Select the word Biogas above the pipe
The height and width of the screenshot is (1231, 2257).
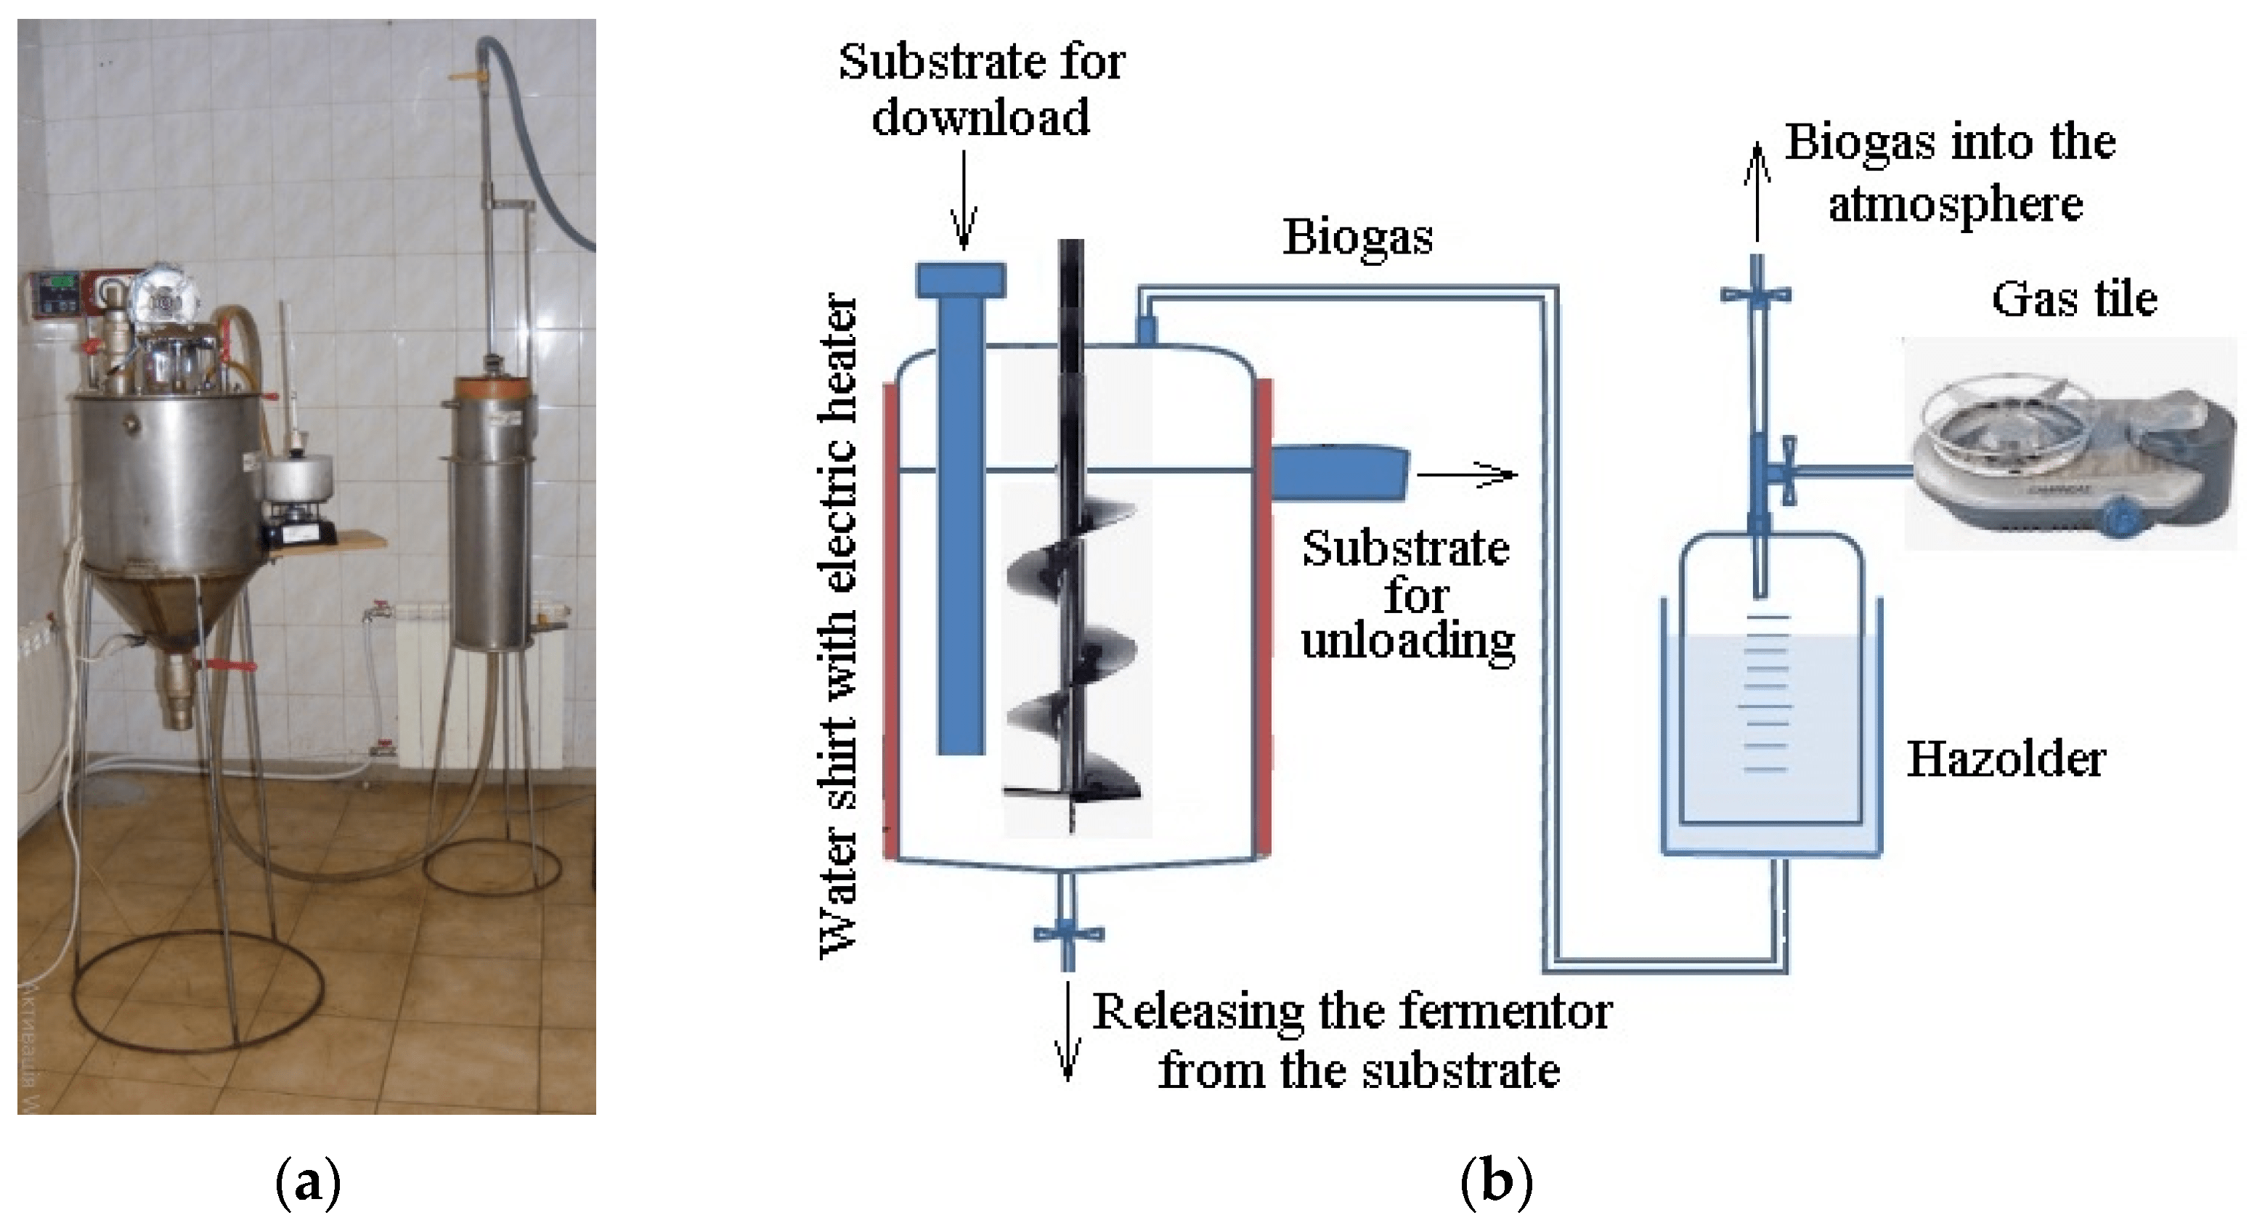coord(1357,237)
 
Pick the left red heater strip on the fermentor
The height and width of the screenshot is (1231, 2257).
coord(890,622)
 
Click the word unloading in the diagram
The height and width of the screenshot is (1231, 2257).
coord(1408,641)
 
